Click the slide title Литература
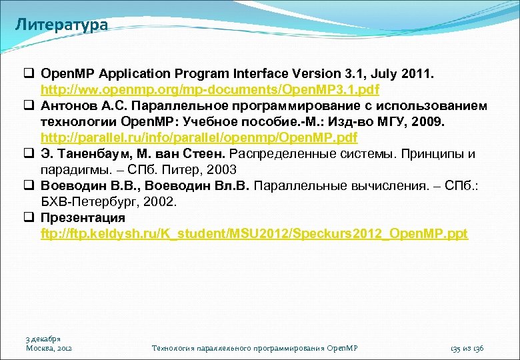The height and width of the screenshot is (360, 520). (61, 25)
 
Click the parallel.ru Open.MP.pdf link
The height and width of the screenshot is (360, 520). (199, 137)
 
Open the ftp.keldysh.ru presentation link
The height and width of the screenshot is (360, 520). (254, 234)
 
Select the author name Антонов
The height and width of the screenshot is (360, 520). (66, 105)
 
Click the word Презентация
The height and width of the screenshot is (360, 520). (83, 218)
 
